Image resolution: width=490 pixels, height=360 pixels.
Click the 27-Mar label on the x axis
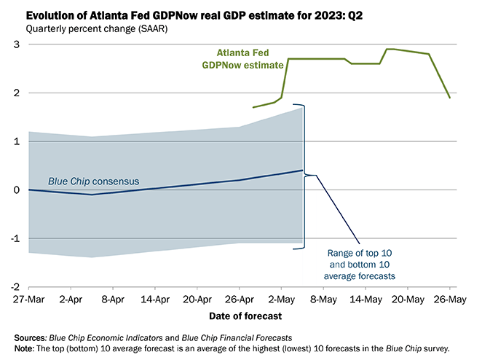28,300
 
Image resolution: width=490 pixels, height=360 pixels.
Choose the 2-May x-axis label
282,300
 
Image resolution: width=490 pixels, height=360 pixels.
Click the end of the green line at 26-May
449,98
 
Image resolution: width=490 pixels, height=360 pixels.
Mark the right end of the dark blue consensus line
302,171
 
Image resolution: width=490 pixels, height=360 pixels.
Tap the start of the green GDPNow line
253,107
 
